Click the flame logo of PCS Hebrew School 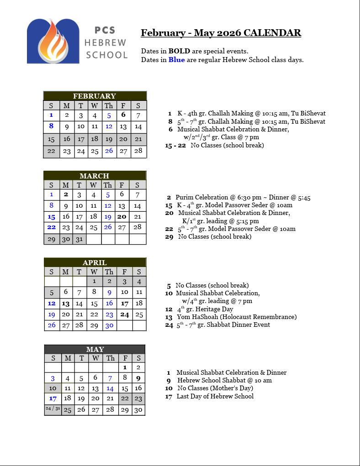pos(53,41)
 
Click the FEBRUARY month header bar pos(95,96)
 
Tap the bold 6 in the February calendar pos(123,115)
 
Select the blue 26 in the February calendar pos(109,151)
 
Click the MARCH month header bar pos(95,176)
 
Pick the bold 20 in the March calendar pos(122,217)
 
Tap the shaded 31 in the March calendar pos(79,239)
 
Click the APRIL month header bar pos(95,262)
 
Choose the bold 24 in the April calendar pos(125,314)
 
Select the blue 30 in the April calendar pos(109,325)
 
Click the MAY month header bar pos(95,350)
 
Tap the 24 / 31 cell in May pos(53,408)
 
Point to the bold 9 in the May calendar pos(138,378)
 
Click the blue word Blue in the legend pos(177,60)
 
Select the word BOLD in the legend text pos(177,51)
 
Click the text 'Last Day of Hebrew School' pos(215,396)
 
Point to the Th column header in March pos(107,185)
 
